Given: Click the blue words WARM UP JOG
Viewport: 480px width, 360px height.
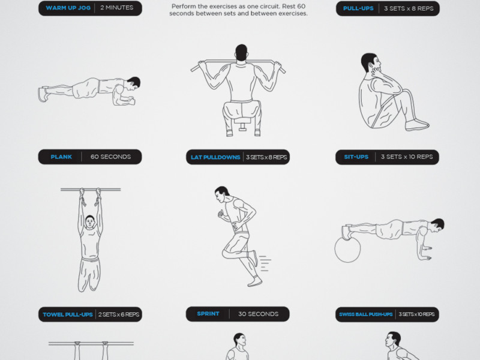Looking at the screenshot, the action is [x=68, y=8].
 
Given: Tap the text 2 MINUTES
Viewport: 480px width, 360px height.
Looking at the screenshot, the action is [x=116, y=8].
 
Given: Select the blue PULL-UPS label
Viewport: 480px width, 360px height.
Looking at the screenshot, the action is [x=358, y=8].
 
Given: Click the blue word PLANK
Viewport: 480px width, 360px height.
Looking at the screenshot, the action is [x=61, y=157].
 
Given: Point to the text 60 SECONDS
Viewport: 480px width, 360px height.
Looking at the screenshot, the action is [x=110, y=157].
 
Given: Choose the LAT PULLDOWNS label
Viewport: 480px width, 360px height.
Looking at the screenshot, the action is [x=215, y=157].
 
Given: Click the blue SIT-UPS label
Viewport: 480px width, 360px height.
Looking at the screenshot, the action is [x=356, y=157].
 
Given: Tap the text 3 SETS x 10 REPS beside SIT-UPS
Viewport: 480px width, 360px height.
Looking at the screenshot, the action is [x=407, y=157].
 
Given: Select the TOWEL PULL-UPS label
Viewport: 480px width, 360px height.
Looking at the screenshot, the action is [x=68, y=314].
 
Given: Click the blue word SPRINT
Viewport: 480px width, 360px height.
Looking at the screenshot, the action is [x=208, y=314].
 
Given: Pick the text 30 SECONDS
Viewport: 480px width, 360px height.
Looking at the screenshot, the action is [x=259, y=314].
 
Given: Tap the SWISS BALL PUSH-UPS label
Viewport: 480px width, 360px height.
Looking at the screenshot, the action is [x=366, y=314].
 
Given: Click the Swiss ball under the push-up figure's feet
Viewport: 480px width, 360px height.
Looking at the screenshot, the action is [x=348, y=250].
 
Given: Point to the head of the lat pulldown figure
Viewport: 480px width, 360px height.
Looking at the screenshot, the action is [x=241, y=53].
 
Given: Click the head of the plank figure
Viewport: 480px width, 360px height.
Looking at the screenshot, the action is [x=133, y=83].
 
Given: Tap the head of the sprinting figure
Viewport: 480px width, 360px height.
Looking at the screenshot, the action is [x=221, y=194].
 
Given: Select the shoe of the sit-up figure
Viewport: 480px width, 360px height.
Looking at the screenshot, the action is [x=417, y=125].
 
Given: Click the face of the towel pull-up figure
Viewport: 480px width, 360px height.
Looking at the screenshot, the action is [x=89, y=221].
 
